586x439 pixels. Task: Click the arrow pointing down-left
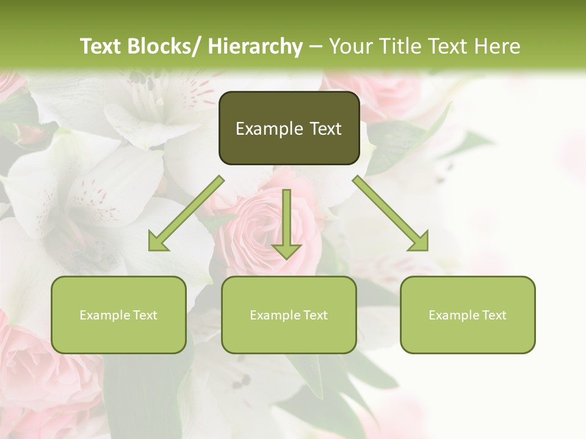187,213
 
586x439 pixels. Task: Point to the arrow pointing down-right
391,213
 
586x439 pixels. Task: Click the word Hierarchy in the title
255,46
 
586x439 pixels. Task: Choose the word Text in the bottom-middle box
313,315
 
